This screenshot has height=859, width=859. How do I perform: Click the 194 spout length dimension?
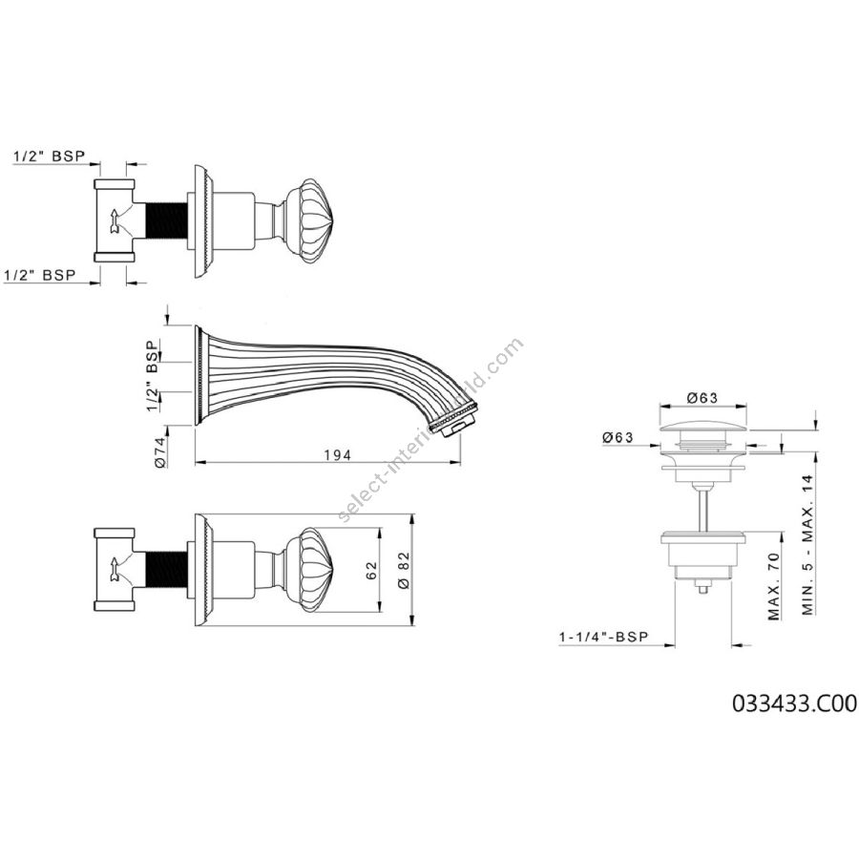tap(337, 454)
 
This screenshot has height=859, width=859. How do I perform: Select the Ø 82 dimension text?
tap(405, 570)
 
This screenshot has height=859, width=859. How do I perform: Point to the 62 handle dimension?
tap(371, 571)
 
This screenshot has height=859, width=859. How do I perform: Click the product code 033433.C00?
tap(794, 702)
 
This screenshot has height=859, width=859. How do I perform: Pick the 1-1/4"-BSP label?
tap(604, 637)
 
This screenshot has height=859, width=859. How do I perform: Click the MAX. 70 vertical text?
tap(773, 586)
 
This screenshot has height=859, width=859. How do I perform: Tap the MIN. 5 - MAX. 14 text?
tap(808, 545)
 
